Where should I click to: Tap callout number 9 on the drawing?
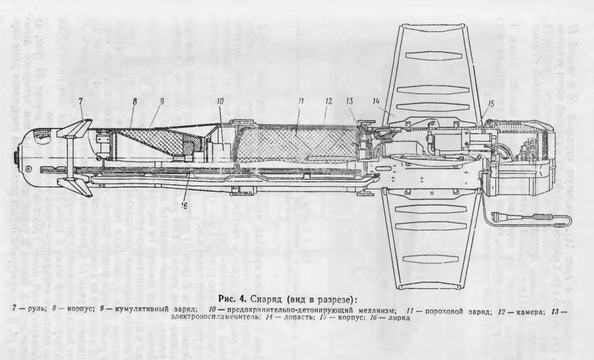tap(161, 102)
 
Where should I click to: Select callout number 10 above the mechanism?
tap(220, 102)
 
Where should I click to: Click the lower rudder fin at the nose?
tap(78, 187)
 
